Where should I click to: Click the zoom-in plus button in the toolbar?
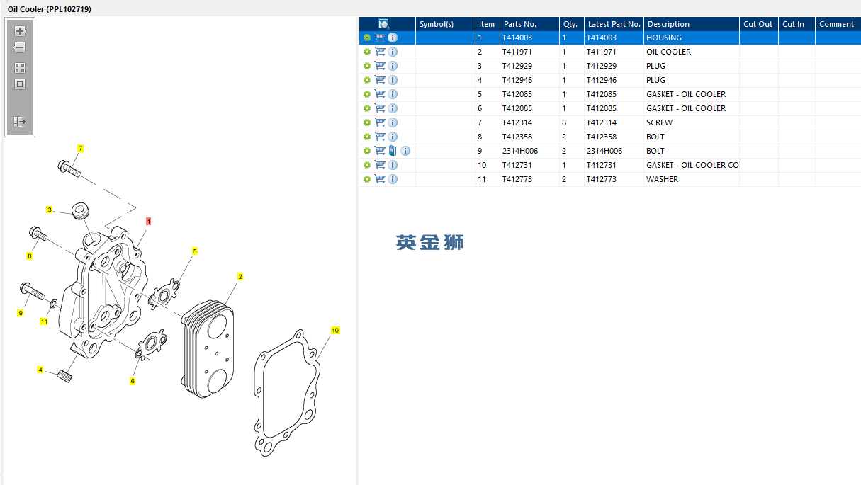tap(20, 31)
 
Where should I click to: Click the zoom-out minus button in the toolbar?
tap(20, 47)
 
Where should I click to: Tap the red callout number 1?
tap(148, 221)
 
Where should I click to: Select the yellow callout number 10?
tap(335, 330)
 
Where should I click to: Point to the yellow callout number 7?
tap(80, 148)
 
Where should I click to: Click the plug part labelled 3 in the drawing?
tap(80, 210)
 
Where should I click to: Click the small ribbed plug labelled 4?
tap(64, 375)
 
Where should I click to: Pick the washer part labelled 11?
tap(54, 303)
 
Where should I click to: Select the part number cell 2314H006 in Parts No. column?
tap(519, 151)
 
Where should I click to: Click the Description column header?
tap(668, 24)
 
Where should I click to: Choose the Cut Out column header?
tap(758, 24)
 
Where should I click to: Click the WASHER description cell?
tap(662, 179)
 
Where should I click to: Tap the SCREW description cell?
tap(659, 122)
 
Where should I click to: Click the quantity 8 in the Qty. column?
tap(564, 122)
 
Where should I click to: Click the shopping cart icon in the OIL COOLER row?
tap(380, 52)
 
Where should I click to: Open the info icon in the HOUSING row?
tap(393, 38)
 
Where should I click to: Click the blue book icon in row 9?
tap(393, 151)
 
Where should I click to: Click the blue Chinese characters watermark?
tap(429, 242)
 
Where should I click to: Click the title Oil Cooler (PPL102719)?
tap(49, 9)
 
